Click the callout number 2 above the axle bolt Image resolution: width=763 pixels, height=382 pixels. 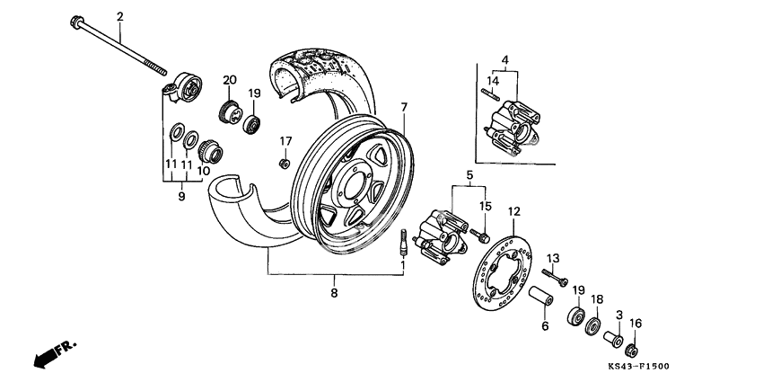120,16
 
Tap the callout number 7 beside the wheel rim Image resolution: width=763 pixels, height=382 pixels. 404,108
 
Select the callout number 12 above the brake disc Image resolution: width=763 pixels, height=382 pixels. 514,211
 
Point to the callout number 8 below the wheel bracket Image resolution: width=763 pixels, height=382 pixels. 334,293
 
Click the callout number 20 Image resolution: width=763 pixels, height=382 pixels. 229,80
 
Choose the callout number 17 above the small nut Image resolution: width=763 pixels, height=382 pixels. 285,141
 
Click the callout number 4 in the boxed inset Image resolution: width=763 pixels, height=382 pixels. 504,60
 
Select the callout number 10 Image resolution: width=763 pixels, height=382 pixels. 205,171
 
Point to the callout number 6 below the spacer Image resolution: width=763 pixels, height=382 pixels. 544,327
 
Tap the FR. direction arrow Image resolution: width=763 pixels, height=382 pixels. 54,353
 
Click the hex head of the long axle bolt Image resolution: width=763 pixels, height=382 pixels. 76,22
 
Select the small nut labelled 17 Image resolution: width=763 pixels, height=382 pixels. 285,163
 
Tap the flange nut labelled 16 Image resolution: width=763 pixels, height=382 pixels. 632,349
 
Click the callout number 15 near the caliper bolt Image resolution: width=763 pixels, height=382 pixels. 486,206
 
